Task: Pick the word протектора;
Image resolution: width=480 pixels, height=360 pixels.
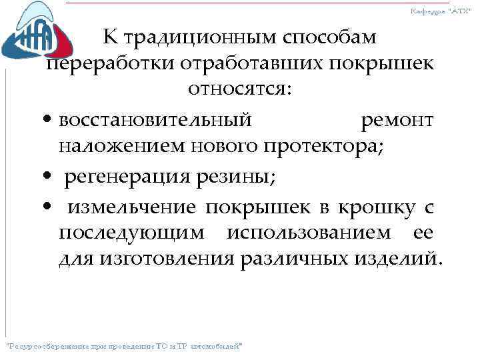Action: point(327,145)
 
